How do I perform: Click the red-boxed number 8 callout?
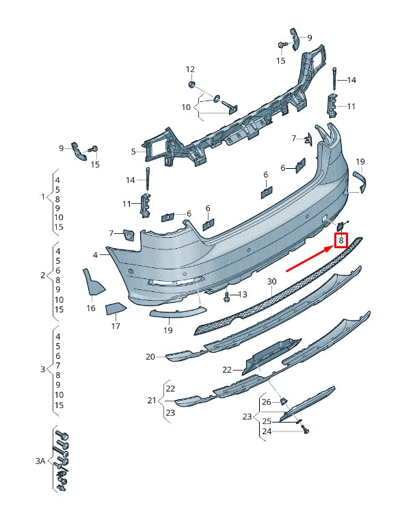[340, 241]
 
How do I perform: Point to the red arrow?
[310, 258]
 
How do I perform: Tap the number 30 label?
[272, 282]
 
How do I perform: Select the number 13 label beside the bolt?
[242, 294]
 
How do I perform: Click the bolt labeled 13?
[227, 296]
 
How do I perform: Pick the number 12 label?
[190, 69]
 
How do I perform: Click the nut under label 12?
[191, 84]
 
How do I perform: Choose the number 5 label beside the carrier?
[133, 151]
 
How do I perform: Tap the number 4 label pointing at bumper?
[95, 255]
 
